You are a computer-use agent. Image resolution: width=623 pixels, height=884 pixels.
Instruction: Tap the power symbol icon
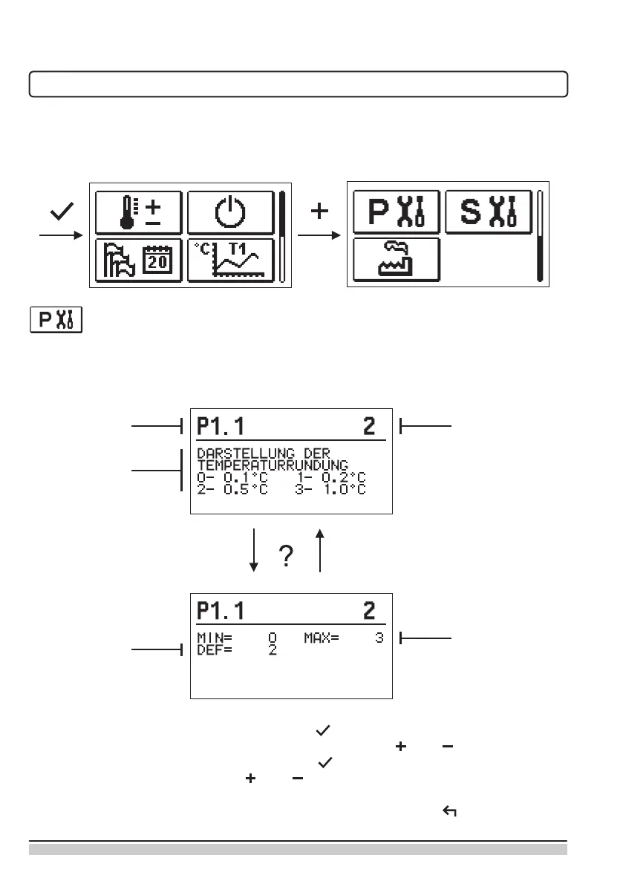(x=230, y=212)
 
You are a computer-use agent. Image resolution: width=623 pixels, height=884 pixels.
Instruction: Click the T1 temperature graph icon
(x=230, y=260)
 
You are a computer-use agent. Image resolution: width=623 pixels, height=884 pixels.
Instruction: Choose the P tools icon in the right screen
(x=397, y=212)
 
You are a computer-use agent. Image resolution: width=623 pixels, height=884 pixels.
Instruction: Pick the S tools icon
(x=488, y=212)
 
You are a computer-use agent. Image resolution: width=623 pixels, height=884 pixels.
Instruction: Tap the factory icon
(x=397, y=260)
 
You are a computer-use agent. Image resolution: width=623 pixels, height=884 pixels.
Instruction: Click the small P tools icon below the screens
(x=56, y=321)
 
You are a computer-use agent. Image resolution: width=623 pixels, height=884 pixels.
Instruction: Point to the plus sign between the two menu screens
(x=319, y=212)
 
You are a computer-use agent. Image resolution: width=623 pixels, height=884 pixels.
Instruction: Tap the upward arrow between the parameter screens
(x=320, y=549)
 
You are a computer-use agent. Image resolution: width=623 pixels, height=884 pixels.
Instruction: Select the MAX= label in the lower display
(x=321, y=638)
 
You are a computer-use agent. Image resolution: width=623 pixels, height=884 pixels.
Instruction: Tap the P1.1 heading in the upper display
(x=221, y=426)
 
